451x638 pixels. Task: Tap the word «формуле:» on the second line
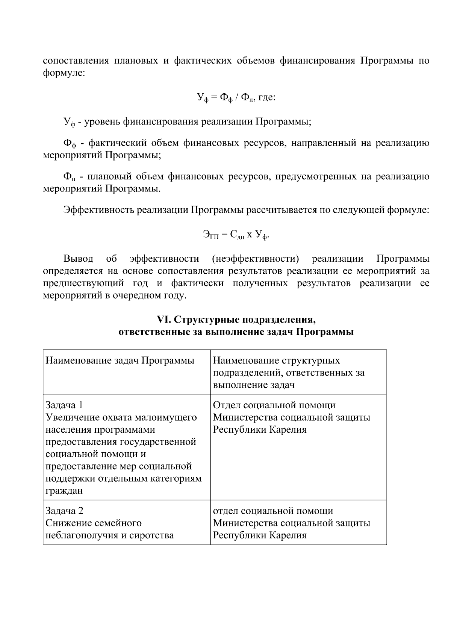pyautogui.click(x=64, y=73)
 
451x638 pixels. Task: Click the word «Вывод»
pyautogui.click(x=78, y=259)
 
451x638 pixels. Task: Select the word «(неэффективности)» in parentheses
pyautogui.click(x=256, y=259)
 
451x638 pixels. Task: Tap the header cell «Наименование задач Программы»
pyautogui.click(x=120, y=361)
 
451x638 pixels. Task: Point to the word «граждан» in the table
pyautogui.click(x=64, y=491)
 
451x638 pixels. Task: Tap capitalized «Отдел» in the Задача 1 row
pyautogui.click(x=227, y=405)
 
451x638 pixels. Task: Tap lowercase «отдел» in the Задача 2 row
pyautogui.click(x=226, y=511)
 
